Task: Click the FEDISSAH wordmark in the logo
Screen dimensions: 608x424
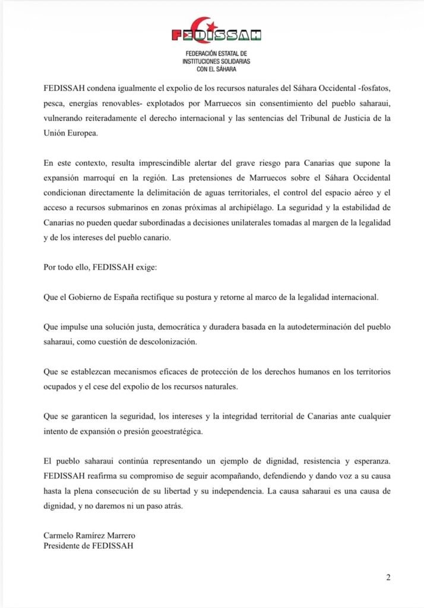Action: pos(216,35)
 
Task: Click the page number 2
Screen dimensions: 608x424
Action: pos(388,577)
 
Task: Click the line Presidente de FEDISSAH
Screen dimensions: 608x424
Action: pos(88,547)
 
